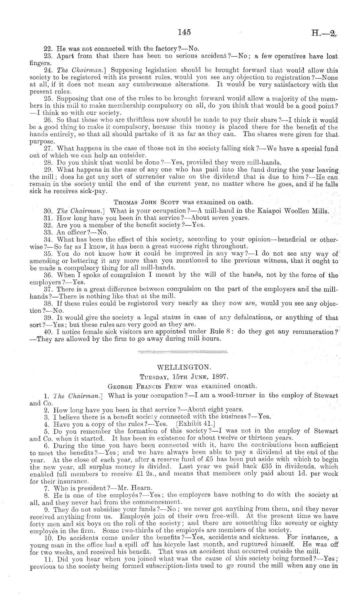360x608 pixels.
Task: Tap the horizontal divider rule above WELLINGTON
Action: (182, 352)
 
